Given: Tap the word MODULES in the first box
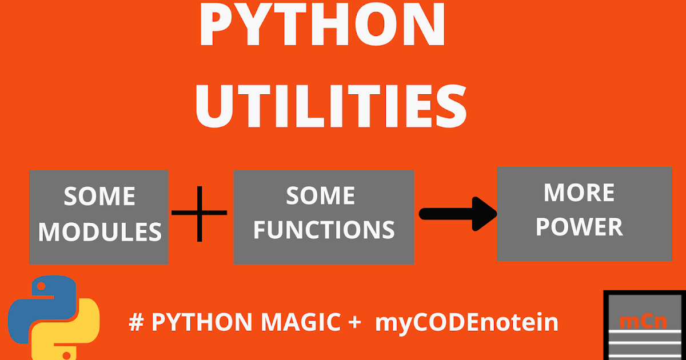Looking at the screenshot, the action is click(x=100, y=231).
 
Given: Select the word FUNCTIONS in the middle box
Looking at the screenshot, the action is click(x=324, y=229).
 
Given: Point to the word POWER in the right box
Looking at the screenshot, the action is click(x=579, y=227).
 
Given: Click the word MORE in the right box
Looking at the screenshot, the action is click(x=579, y=193).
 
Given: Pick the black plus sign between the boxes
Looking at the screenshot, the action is click(x=200, y=213).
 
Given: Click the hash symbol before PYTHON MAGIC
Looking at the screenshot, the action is click(x=135, y=323).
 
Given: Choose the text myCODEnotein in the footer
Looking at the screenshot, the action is click(x=466, y=323).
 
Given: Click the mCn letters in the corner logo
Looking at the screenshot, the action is click(x=643, y=321).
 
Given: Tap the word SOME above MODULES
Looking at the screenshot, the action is click(x=99, y=197).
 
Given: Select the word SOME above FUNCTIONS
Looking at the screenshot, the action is click(x=320, y=196).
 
